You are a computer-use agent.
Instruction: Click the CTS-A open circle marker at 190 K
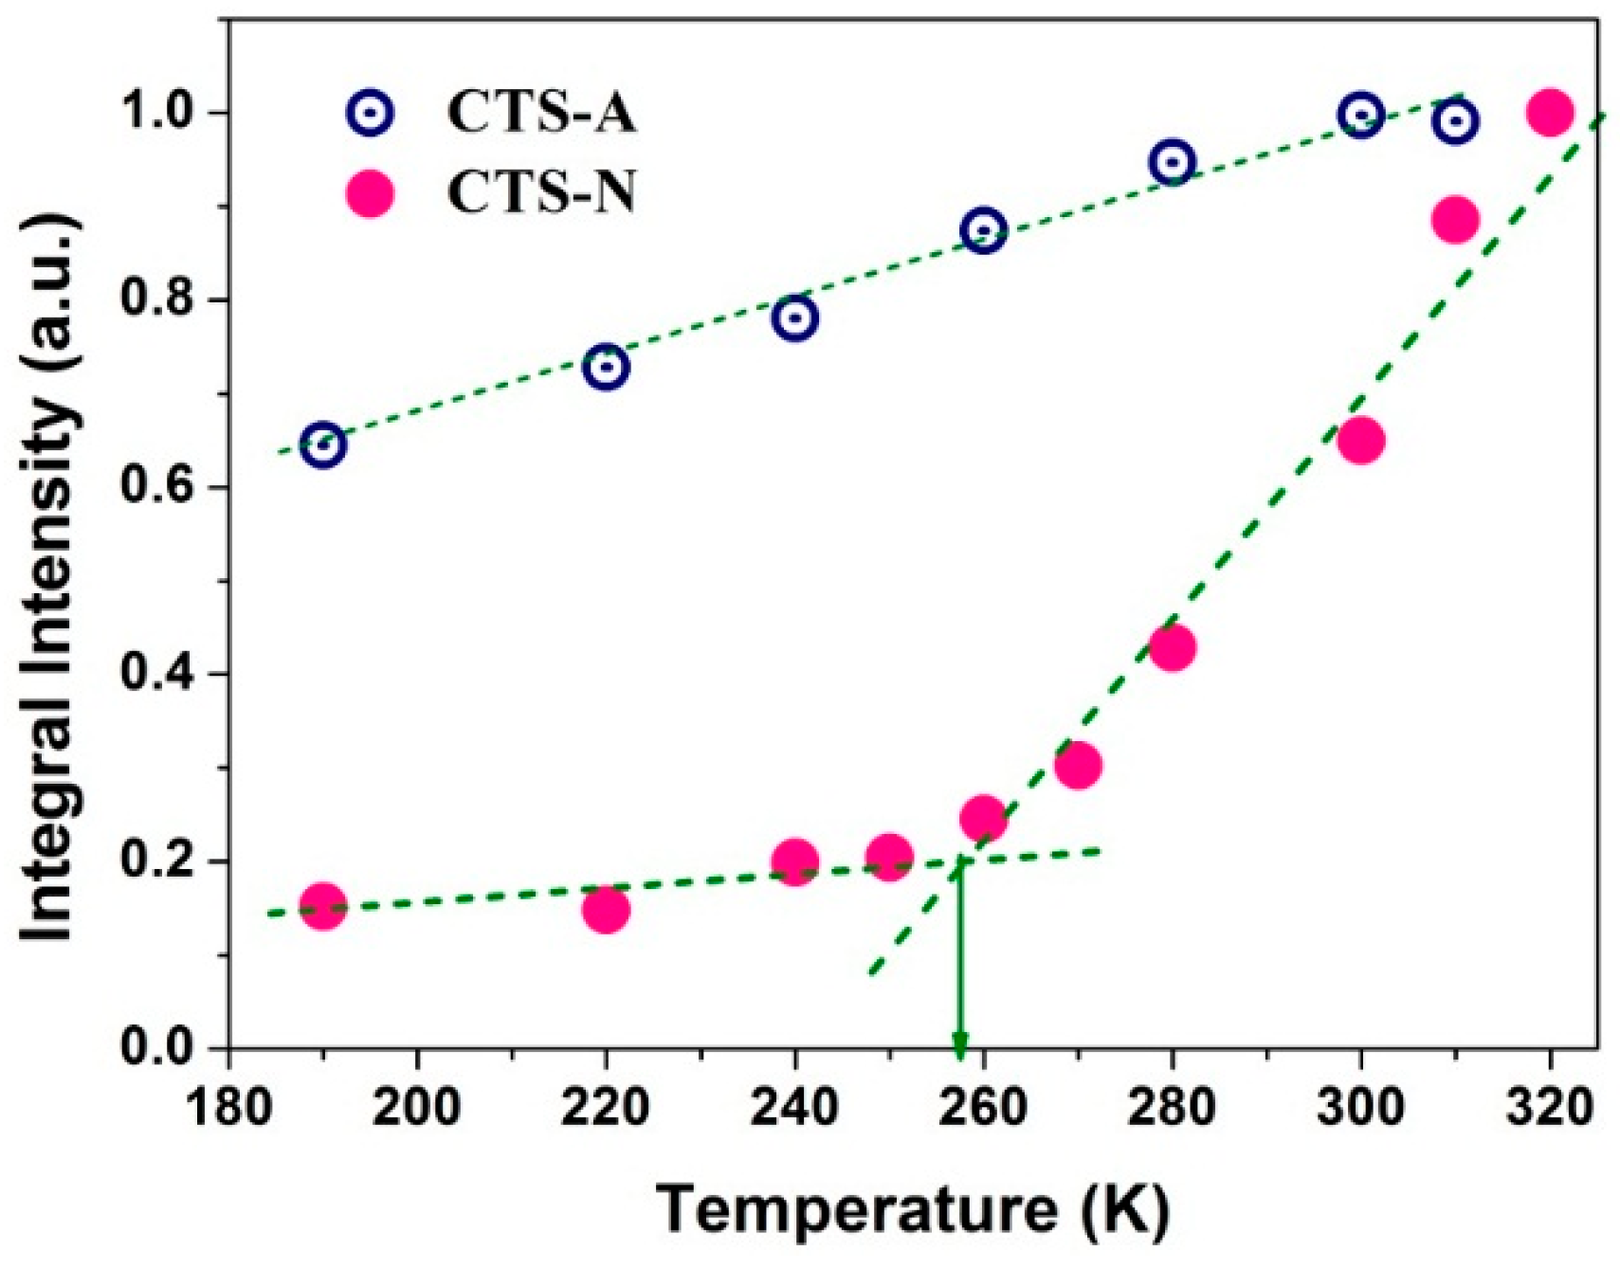(323, 444)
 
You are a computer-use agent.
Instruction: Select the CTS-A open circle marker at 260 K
(983, 230)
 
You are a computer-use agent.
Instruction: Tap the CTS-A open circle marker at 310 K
(1455, 121)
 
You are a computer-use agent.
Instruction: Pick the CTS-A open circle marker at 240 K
(794, 317)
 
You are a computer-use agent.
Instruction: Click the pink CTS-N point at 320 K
(1550, 113)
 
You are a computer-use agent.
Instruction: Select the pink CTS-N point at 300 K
(1360, 441)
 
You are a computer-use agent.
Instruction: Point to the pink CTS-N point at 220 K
(606, 910)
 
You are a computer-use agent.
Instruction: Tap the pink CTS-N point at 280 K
(1172, 648)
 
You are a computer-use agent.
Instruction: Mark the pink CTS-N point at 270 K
(1077, 765)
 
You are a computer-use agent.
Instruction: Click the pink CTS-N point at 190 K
(323, 907)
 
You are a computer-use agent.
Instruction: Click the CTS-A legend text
(541, 113)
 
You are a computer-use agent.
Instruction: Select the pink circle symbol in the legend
(371, 195)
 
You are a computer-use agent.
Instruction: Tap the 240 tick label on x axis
(794, 1105)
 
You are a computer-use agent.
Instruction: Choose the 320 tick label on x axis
(1550, 1105)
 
